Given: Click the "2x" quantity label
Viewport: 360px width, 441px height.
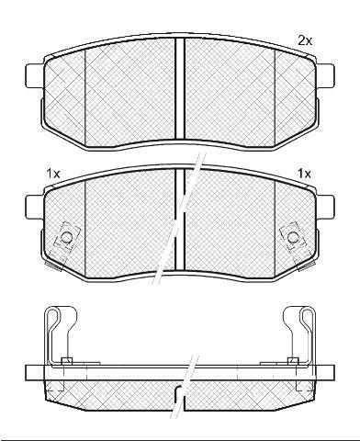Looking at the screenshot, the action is point(305,40).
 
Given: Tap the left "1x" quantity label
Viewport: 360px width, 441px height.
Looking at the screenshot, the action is point(53,174).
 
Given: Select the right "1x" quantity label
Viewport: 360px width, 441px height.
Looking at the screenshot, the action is point(304,174).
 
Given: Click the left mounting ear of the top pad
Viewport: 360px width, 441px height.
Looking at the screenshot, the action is point(34,75).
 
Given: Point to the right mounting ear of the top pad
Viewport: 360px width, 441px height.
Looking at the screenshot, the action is point(325,75).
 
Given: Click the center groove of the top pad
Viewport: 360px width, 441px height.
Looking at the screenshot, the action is point(180,88).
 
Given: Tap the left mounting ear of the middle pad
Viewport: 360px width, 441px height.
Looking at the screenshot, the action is point(34,208).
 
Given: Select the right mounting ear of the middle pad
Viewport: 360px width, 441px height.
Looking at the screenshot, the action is point(325,208).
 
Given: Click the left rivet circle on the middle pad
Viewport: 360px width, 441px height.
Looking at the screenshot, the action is point(66,237).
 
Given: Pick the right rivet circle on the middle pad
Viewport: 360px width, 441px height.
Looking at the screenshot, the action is point(293,237).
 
